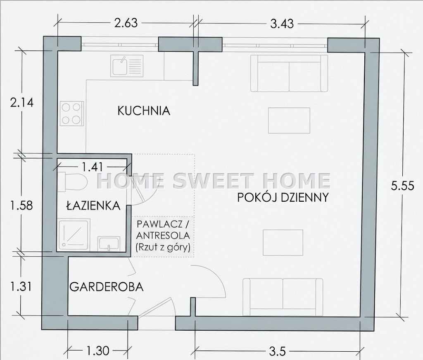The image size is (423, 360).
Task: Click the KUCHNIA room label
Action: click(144, 111)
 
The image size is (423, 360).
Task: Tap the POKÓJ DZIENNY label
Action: click(283, 197)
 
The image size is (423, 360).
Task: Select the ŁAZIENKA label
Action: click(93, 206)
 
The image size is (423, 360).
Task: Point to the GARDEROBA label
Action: click(107, 286)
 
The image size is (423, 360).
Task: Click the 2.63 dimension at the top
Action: click(126, 23)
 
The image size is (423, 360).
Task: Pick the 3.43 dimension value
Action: click(282, 24)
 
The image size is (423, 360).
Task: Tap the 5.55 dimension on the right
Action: click(402, 186)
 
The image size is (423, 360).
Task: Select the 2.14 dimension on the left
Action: click(22, 103)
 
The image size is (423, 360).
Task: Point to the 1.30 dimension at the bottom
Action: click(97, 351)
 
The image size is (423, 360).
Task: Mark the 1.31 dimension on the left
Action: click(21, 286)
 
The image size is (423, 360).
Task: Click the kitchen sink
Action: click(126, 66)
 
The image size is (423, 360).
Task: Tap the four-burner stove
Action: click(71, 113)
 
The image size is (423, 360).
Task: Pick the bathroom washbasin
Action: click(109, 243)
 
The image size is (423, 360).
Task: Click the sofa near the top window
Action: click(289, 73)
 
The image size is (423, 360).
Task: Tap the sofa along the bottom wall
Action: click(283, 297)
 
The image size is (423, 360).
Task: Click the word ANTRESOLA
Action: click(163, 236)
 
